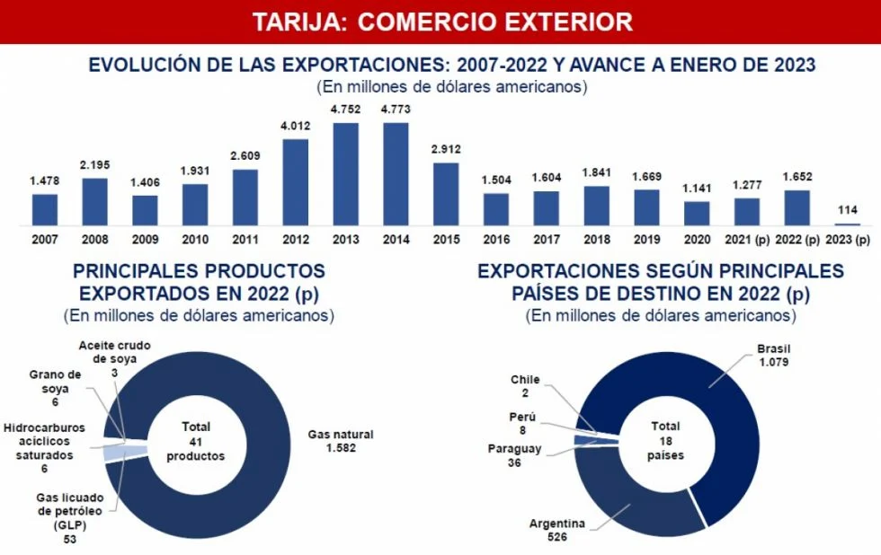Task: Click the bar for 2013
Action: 346,173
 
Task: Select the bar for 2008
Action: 94,201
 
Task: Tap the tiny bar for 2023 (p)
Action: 847,224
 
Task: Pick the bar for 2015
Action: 446,193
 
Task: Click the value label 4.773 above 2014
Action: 396,110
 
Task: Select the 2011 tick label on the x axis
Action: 245,240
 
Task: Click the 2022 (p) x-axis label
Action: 796,240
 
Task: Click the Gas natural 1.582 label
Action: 341,441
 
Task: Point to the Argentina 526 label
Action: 557,531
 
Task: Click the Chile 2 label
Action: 525,386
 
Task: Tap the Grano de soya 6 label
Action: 56,388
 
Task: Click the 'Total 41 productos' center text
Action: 196,441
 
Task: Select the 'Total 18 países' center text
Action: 666,441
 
